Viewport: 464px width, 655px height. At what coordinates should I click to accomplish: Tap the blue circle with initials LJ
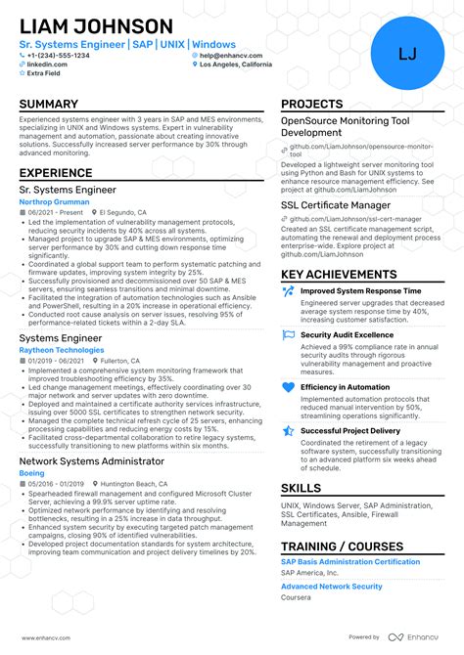pos(407,54)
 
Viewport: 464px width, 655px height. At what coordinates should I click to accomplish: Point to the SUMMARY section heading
pos(49,105)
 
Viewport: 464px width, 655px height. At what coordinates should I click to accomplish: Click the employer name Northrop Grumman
pos(55,201)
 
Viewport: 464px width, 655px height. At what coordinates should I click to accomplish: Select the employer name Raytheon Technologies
pos(61,349)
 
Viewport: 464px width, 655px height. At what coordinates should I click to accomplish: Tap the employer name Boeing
pos(31,472)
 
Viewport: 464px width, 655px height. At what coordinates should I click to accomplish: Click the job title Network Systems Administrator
pos(91,460)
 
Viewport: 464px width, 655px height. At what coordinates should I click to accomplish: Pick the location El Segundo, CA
pos(123,212)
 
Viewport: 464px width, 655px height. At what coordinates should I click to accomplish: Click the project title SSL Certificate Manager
pos(337,206)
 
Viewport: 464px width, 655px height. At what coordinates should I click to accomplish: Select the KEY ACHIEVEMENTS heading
pos(339,275)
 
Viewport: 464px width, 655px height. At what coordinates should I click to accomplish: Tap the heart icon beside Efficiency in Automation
pos(288,388)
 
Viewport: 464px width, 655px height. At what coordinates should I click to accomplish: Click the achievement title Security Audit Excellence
pos(347,334)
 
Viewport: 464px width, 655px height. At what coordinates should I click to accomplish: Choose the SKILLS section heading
pos(301,488)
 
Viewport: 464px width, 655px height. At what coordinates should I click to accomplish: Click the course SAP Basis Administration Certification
pos(349,562)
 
